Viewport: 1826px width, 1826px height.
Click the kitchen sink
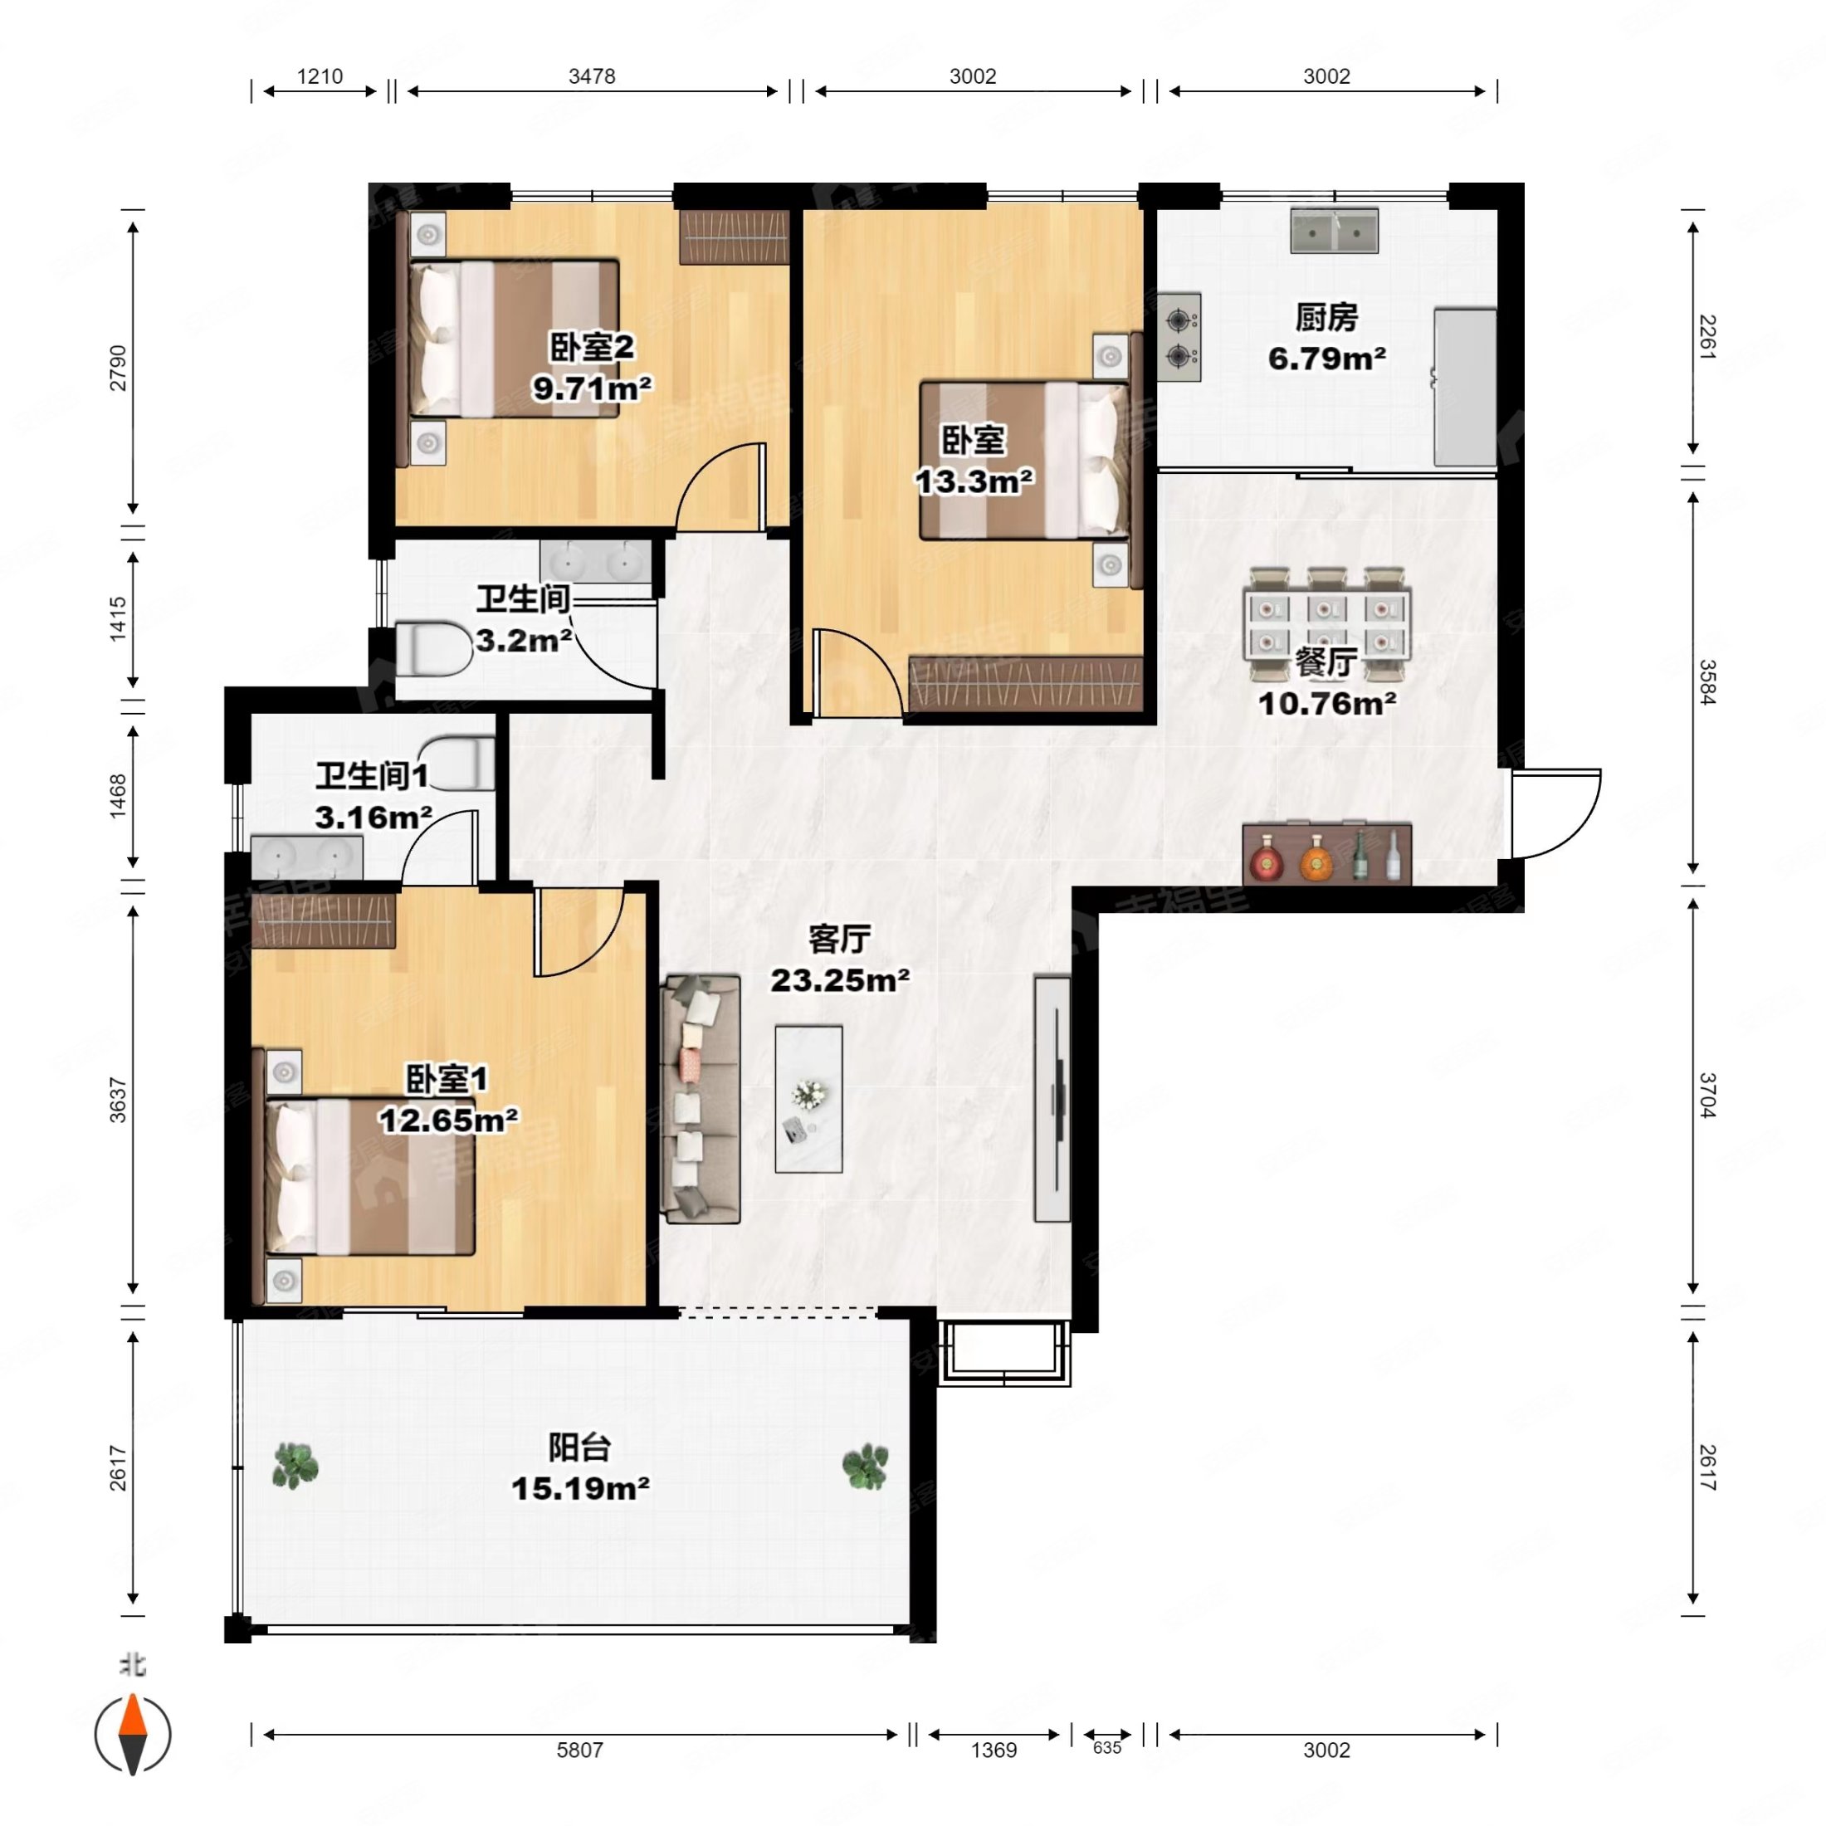(1334, 231)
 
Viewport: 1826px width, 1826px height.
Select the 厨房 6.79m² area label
(1326, 338)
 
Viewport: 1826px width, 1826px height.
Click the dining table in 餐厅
(1326, 624)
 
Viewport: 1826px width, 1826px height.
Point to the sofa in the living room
(701, 1099)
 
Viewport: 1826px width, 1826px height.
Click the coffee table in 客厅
(808, 1099)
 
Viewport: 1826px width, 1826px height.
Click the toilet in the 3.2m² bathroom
(433, 648)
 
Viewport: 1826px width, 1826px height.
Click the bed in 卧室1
(369, 1176)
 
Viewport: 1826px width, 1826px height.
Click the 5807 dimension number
(579, 1750)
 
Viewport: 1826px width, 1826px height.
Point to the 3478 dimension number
(592, 76)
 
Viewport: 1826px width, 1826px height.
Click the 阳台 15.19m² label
(580, 1467)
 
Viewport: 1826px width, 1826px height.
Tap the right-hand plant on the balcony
(865, 1466)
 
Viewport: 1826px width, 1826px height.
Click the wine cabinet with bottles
(1327, 853)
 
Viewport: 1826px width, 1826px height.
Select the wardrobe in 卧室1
(323, 920)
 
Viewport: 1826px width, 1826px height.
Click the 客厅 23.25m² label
(839, 959)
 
